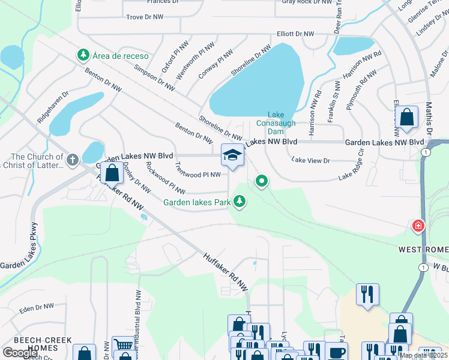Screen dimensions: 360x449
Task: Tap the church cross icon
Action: click(72, 160)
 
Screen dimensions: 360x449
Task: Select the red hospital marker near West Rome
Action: click(418, 226)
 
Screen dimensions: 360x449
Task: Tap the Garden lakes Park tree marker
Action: click(240, 202)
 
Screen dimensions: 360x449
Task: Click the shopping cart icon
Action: click(123, 345)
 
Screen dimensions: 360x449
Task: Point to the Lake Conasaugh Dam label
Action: click(276, 122)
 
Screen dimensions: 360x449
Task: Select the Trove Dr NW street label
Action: click(145, 17)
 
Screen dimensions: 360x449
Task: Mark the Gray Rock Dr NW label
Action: click(307, 2)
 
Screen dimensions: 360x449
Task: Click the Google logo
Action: click(20, 352)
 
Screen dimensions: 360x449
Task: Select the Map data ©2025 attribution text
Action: click(422, 355)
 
